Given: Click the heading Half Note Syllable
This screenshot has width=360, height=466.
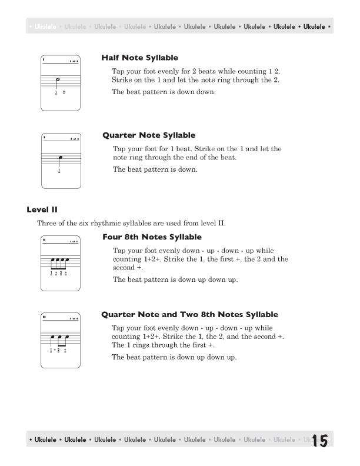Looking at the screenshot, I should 139,58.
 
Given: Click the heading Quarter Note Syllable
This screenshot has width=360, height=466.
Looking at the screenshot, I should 149,135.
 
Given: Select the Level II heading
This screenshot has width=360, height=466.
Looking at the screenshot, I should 42,209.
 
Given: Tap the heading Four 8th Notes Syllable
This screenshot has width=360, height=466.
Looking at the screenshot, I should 152,237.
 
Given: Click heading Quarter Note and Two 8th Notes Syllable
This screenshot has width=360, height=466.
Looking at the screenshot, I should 189,315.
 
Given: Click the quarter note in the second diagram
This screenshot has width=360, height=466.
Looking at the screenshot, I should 60,159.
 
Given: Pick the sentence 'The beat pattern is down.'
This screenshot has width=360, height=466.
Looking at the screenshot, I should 155,169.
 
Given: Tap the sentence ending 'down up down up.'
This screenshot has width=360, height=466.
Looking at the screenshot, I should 175,279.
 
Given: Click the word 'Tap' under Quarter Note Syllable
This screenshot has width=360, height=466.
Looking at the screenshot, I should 119,149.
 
